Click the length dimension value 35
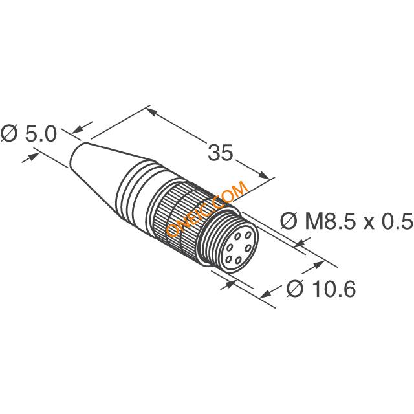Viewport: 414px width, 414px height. (x=221, y=153)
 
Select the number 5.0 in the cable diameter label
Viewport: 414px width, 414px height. (x=41, y=134)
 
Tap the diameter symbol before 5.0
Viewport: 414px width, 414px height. (x=9, y=134)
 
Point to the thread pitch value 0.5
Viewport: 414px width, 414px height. (x=398, y=221)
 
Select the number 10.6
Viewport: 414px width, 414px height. (x=333, y=289)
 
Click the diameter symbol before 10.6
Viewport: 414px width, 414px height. (x=296, y=289)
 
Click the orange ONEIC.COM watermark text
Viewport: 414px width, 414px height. (x=207, y=208)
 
